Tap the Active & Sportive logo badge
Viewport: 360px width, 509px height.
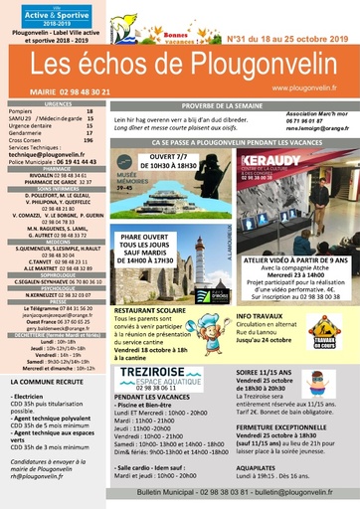point(37,17)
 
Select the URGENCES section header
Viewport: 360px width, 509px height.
point(58,102)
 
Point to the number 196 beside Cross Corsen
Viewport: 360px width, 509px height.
point(89,139)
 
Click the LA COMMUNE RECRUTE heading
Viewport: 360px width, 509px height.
point(46,381)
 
